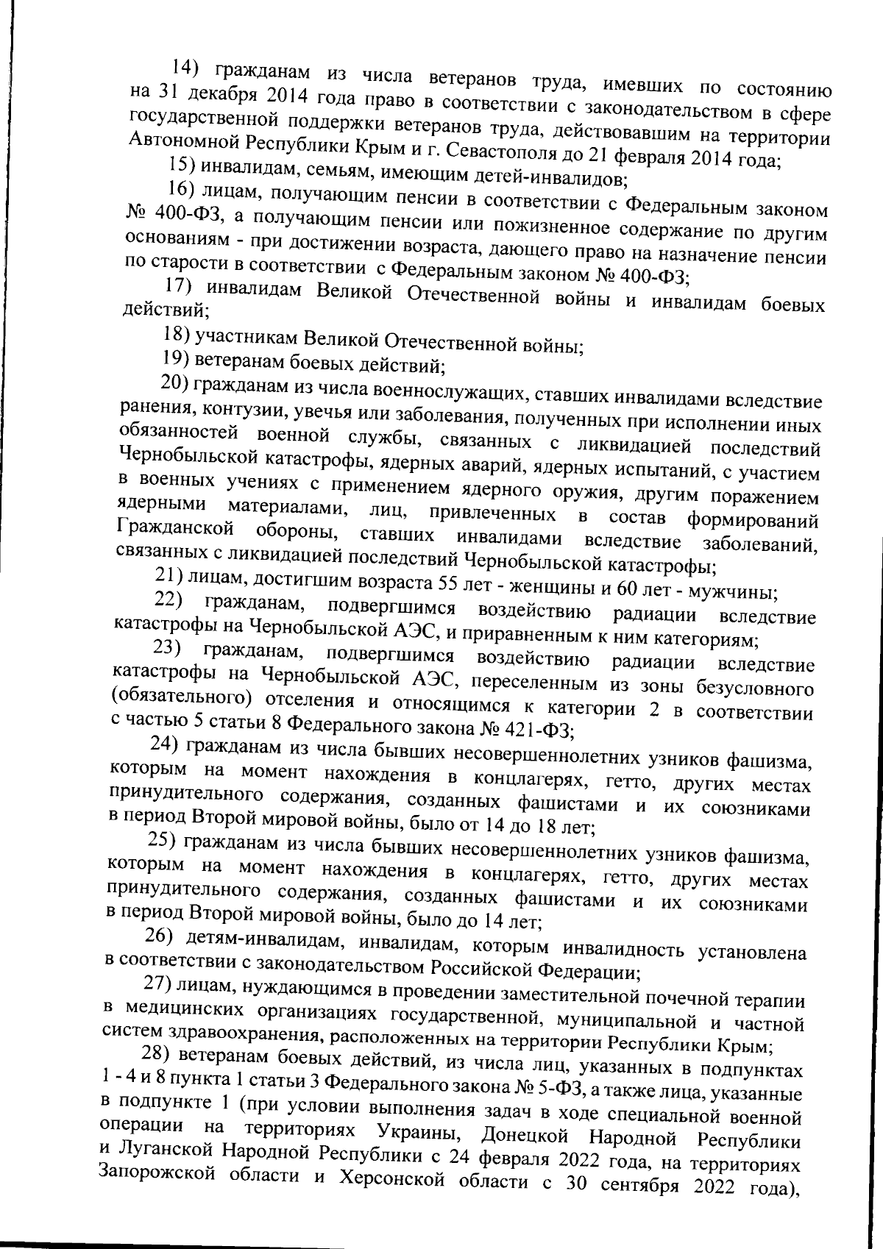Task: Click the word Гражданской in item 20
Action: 174,527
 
